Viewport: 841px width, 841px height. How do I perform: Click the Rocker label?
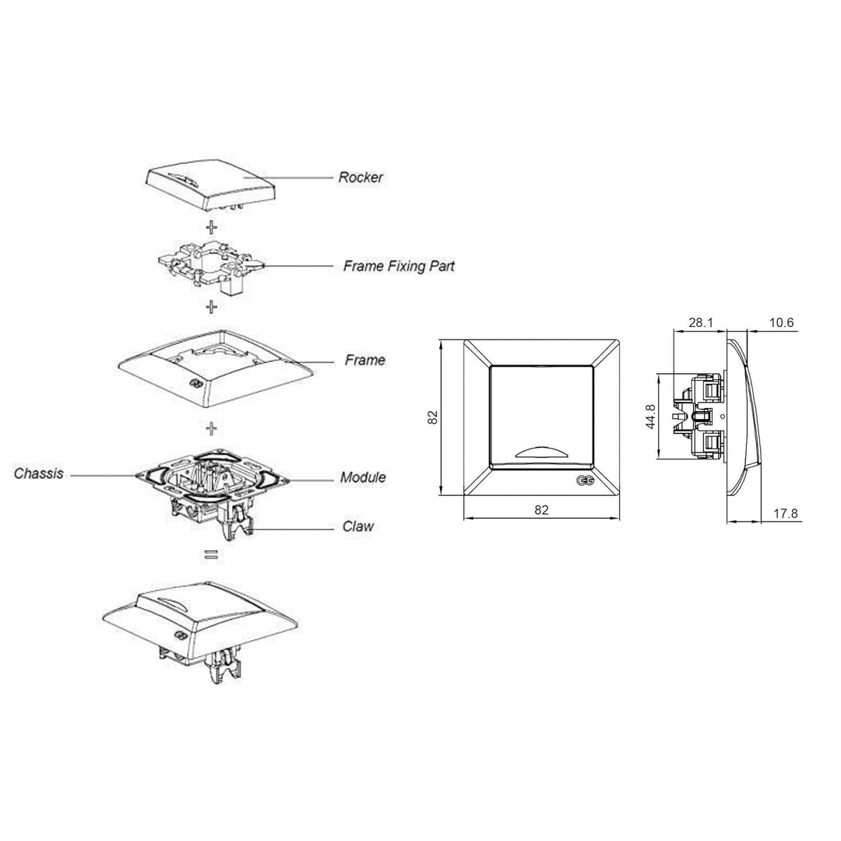click(x=361, y=178)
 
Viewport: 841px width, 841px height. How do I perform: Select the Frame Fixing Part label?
click(x=399, y=266)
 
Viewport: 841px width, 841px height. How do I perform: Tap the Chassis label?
click(x=39, y=473)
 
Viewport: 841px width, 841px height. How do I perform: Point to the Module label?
click(x=363, y=477)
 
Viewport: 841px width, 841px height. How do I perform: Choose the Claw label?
click(x=358, y=526)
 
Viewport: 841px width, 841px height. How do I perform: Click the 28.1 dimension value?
click(x=701, y=322)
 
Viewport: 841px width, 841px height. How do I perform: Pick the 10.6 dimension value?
click(x=781, y=322)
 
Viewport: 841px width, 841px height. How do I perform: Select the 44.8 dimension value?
click(x=650, y=416)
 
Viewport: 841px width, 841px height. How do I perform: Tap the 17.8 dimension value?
click(x=785, y=513)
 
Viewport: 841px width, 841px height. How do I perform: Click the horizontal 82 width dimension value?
click(x=542, y=509)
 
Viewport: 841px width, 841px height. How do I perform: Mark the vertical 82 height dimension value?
click(x=433, y=417)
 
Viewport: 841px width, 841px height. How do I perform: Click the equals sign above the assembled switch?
click(x=211, y=555)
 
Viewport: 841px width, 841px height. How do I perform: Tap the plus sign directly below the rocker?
click(x=212, y=227)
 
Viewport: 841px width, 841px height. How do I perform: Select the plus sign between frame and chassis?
click(x=212, y=428)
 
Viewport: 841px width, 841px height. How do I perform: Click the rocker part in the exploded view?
click(x=212, y=185)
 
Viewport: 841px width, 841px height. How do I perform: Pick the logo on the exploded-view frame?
click(x=195, y=384)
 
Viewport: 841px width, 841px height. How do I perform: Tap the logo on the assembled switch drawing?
click(x=178, y=635)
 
